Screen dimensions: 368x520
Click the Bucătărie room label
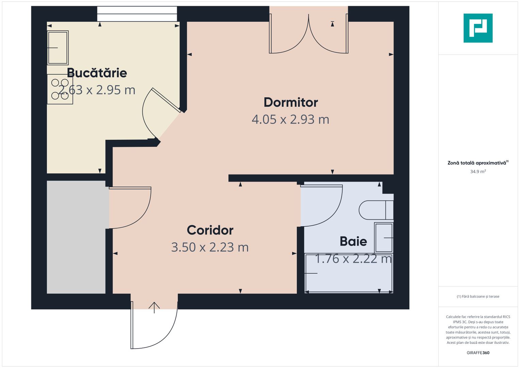[97, 73]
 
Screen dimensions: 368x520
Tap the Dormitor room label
[290, 102]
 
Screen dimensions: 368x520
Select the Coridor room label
[210, 230]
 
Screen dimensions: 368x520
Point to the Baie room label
[353, 241]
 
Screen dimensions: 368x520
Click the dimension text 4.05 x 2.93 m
[290, 120]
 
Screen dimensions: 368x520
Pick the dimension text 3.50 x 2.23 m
[210, 247]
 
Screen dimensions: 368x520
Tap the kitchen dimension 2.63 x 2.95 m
[97, 90]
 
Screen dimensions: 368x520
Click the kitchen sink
[58, 48]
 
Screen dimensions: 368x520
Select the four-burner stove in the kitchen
[60, 89]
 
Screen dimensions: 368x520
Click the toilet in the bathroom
[376, 210]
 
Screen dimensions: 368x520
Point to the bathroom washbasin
[384, 237]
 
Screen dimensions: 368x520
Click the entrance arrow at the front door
[154, 307]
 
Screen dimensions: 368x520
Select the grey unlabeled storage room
[76, 237]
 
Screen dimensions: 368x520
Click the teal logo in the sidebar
[478, 28]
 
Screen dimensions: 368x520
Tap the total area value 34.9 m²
[478, 172]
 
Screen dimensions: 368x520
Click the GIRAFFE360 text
[478, 353]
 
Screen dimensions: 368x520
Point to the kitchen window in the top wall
[137, 14]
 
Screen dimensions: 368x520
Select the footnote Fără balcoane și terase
[478, 296]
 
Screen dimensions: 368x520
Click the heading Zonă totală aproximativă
[477, 163]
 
